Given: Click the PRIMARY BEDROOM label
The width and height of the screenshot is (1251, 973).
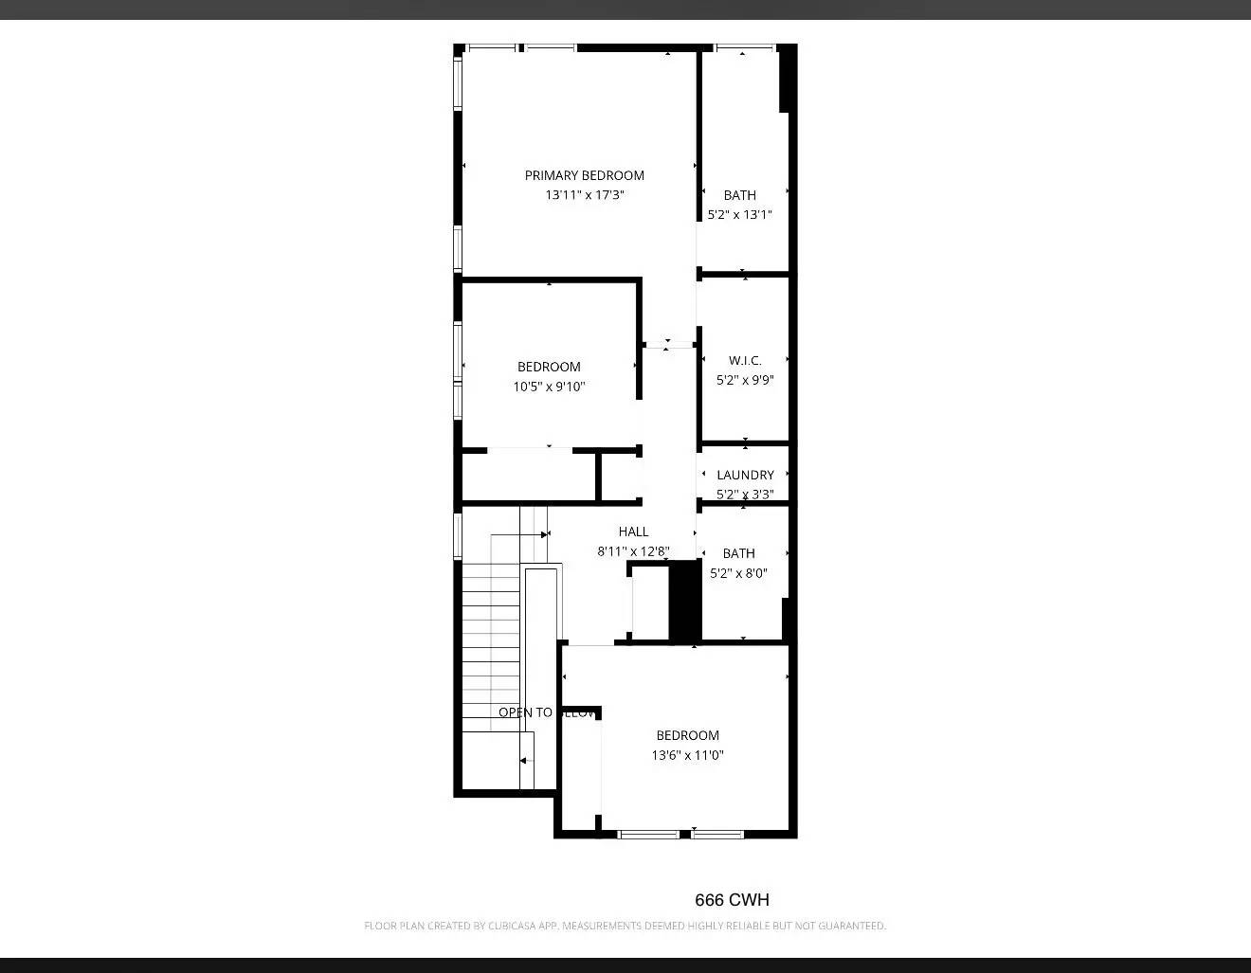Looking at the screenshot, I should click(584, 175).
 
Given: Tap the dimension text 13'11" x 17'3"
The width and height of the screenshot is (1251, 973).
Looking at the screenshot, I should click(584, 195).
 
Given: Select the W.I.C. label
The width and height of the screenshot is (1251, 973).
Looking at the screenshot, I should click(745, 360).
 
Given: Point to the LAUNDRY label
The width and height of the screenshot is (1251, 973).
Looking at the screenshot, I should click(745, 475).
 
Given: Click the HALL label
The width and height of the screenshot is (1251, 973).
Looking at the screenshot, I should click(633, 532).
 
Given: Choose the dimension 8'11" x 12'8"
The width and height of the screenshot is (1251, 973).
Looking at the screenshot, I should click(633, 551).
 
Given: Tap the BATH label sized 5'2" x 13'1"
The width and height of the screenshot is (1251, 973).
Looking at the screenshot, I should click(740, 195).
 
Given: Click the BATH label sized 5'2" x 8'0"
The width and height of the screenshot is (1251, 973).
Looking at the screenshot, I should click(738, 553).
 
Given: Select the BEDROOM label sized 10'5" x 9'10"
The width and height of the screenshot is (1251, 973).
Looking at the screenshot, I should click(549, 367).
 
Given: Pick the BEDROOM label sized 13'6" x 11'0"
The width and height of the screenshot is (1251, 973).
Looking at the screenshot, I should click(687, 735).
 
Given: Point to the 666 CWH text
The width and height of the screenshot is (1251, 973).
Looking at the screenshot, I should click(732, 900).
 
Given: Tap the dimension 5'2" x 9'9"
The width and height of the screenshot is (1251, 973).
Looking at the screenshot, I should click(745, 380).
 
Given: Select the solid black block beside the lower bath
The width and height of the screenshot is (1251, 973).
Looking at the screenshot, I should click(684, 602).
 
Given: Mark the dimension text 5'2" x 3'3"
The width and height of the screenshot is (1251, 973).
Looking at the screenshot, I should click(745, 494).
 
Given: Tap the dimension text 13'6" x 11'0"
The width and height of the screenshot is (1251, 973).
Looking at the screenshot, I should click(687, 755).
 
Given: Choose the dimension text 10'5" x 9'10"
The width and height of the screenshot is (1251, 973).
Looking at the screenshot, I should click(549, 387).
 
